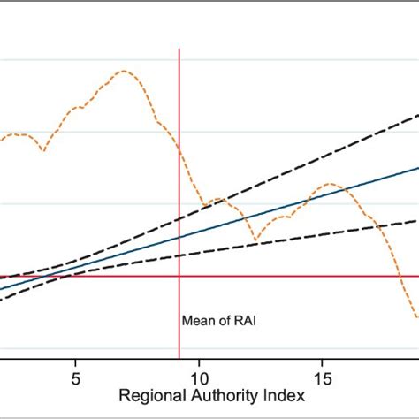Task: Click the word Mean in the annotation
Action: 196,322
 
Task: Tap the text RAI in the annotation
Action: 232,322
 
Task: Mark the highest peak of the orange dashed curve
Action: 125,71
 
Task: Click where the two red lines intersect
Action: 179,277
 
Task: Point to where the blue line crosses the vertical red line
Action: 179,237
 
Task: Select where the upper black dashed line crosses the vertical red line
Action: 179,218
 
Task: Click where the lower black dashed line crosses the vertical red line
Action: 179,255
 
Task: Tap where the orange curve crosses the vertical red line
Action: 179,149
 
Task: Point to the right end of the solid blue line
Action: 418,166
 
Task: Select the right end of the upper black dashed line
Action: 418,115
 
